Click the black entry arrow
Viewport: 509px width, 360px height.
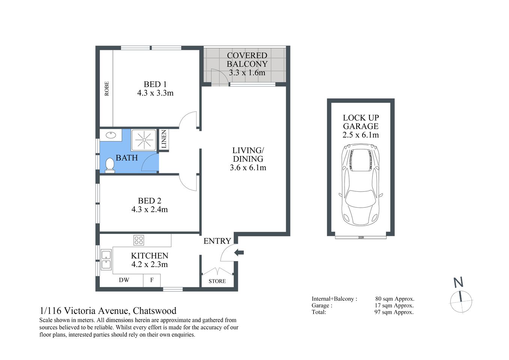click(x=239, y=252)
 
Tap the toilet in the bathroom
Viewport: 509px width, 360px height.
click(x=110, y=165)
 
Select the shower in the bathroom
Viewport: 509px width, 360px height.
click(x=144, y=140)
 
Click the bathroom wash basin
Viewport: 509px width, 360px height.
click(x=111, y=135)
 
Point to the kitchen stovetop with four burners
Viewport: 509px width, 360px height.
click(x=138, y=240)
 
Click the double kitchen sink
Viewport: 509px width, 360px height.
click(x=106, y=259)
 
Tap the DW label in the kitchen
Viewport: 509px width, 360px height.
click(x=124, y=280)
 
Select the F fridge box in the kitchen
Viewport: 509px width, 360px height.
click(x=152, y=280)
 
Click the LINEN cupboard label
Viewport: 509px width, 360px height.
click(x=164, y=139)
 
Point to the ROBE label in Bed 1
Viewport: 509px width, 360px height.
click(x=107, y=88)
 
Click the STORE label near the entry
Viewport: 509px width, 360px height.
click(x=217, y=281)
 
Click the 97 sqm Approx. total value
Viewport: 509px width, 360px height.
click(x=394, y=312)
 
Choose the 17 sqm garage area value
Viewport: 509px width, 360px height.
click(x=394, y=306)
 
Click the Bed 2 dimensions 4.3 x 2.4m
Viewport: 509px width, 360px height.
click(x=149, y=210)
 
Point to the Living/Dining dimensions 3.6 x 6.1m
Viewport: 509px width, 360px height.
click(x=248, y=168)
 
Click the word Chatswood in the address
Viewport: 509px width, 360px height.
click(x=155, y=310)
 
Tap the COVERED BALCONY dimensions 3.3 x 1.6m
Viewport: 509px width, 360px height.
click(x=247, y=73)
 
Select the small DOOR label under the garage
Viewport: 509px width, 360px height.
click(x=361, y=237)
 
